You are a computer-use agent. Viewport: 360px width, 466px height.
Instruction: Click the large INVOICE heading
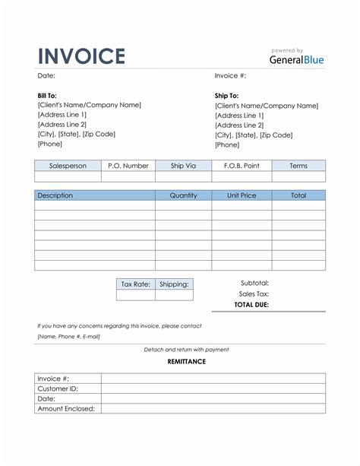[81, 56]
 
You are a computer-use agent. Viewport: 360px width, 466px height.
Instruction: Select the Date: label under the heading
[46, 76]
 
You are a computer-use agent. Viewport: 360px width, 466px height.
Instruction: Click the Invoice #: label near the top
[230, 76]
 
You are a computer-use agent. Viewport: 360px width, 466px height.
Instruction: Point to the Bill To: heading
[47, 96]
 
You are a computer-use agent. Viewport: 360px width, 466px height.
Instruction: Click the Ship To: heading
[228, 96]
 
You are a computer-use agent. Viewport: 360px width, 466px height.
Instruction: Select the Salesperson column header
[68, 166]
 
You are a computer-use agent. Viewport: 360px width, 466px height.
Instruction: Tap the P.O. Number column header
[128, 166]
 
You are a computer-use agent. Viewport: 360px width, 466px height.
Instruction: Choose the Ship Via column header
[183, 166]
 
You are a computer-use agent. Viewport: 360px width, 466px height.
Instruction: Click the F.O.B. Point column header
[242, 166]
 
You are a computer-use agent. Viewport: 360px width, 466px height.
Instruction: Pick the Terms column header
[298, 166]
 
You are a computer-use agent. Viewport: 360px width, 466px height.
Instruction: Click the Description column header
[55, 195]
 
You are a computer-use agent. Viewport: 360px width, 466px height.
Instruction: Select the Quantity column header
[183, 195]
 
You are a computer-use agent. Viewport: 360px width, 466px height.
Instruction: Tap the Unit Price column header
[242, 195]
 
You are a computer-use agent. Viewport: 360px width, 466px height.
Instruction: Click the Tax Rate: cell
[135, 284]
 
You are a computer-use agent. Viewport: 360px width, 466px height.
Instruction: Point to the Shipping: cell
[174, 284]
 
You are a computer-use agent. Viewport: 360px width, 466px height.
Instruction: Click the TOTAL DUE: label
[251, 305]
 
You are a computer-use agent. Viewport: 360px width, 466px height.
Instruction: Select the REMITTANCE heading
[186, 362]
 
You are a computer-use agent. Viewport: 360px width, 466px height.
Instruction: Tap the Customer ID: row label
[58, 388]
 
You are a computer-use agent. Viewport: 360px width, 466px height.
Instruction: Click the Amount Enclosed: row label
[66, 408]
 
